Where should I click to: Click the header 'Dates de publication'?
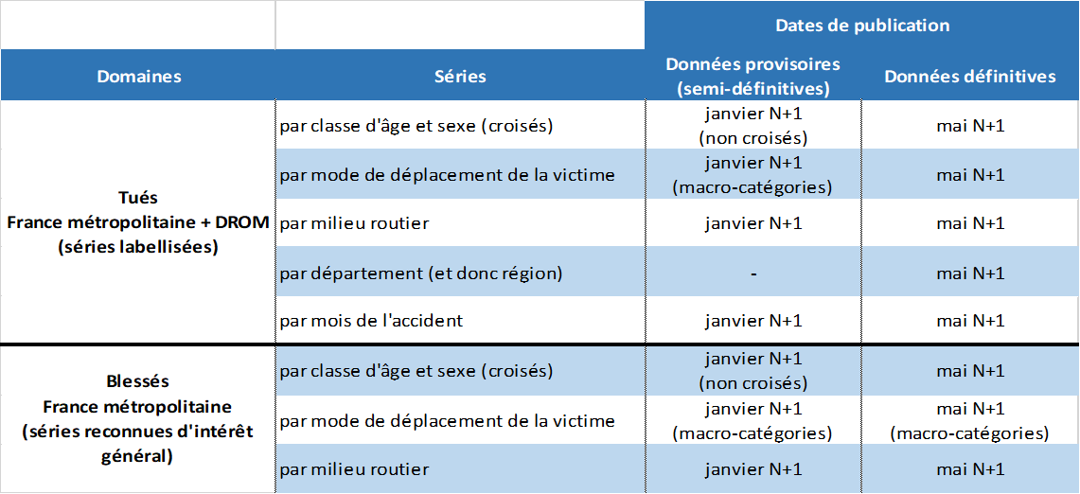point(861,26)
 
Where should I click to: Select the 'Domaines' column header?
point(139,77)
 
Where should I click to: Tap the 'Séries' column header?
point(460,77)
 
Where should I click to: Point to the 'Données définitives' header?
point(969,77)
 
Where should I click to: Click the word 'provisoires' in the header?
point(793,64)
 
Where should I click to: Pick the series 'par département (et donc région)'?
point(421,273)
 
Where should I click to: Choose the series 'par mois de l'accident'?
point(371,321)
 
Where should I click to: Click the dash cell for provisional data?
point(752,273)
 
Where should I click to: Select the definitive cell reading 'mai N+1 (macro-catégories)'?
point(969,421)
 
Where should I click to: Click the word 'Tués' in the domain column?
point(139,199)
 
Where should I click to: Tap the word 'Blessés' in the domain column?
point(138,381)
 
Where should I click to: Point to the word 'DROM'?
point(244,223)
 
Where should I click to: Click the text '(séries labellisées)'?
point(138,248)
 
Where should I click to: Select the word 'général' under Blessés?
point(138,456)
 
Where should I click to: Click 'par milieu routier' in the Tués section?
point(354,223)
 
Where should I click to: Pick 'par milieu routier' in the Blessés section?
point(354,469)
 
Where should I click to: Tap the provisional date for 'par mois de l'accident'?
point(752,321)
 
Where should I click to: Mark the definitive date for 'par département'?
point(969,273)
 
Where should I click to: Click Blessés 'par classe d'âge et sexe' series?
point(416,371)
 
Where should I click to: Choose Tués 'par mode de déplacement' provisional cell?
point(752,175)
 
